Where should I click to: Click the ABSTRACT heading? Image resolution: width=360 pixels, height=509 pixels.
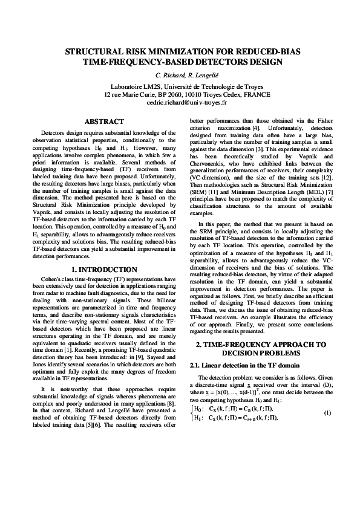click(104, 122)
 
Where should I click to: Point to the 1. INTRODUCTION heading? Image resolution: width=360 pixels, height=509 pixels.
click(104, 270)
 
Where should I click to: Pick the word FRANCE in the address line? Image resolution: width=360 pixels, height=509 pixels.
click(257, 95)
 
